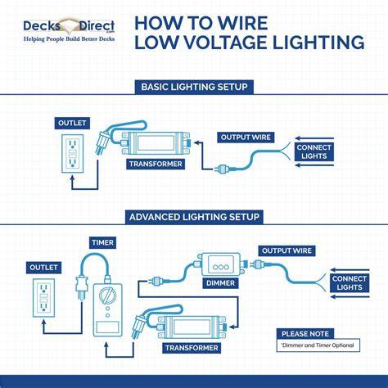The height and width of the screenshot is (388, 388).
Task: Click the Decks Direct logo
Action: (x=69, y=30)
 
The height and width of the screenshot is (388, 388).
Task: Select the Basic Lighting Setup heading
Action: (x=194, y=87)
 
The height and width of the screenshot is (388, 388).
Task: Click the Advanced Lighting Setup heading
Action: (x=194, y=217)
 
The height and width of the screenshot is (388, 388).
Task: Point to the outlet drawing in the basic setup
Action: (x=72, y=153)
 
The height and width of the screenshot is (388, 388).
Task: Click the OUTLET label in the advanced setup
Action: (x=43, y=268)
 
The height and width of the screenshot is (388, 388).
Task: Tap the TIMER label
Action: (x=102, y=242)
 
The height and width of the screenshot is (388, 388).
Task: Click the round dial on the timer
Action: (x=107, y=296)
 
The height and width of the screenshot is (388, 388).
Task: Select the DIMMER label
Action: (x=220, y=283)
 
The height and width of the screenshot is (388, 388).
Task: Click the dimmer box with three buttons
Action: (x=220, y=264)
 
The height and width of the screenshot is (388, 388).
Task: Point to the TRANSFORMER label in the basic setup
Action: (x=156, y=164)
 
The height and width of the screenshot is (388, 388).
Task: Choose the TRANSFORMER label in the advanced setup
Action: (x=192, y=348)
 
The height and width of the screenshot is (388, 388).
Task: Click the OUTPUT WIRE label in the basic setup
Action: (x=246, y=138)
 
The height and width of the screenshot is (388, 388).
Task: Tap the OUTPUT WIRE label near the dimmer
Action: (x=286, y=250)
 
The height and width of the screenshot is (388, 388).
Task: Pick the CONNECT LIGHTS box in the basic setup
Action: (x=314, y=151)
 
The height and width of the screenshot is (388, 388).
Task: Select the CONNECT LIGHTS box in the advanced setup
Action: (x=350, y=283)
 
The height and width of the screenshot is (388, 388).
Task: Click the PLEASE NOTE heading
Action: (x=305, y=334)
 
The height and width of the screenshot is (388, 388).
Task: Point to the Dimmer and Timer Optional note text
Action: (x=318, y=345)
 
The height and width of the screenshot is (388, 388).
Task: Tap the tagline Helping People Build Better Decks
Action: (x=69, y=39)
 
